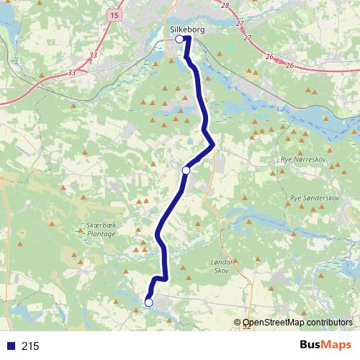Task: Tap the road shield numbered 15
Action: pos(115,14)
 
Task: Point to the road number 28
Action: pos(225,6)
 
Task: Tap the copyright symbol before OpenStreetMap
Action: pos(237,323)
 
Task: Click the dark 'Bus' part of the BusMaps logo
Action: pos(312,345)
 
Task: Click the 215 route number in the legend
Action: pos(30,346)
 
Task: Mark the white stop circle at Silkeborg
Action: pos(179,40)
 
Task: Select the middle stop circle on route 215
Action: pos(186,171)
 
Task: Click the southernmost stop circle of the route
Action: pos(149,303)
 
